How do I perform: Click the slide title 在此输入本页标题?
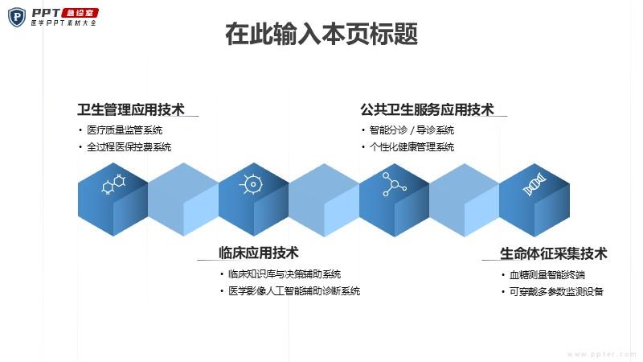[x=321, y=34]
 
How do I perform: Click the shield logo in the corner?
[x=17, y=17]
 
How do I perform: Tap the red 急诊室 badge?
[x=80, y=13]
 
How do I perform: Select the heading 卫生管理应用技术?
[x=131, y=109]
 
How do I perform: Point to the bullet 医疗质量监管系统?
[x=125, y=130]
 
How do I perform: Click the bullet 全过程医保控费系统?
[x=129, y=147]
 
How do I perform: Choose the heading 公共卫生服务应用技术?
[x=427, y=109]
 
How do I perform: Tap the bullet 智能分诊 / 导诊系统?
[x=412, y=130]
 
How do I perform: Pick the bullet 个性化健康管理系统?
[x=412, y=147]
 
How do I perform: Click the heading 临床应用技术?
[x=258, y=253]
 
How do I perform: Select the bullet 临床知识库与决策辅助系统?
[x=285, y=274]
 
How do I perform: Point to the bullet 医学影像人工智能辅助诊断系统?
[x=294, y=291]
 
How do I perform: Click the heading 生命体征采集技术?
[x=553, y=253]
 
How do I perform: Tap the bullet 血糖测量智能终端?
[x=547, y=275]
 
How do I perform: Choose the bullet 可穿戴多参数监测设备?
[x=556, y=292]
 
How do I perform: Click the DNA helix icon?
[x=534, y=184]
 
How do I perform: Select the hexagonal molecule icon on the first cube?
[x=113, y=184]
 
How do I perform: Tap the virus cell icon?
[x=252, y=184]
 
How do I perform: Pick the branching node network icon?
[x=394, y=184]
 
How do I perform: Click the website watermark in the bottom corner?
[x=601, y=354]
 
